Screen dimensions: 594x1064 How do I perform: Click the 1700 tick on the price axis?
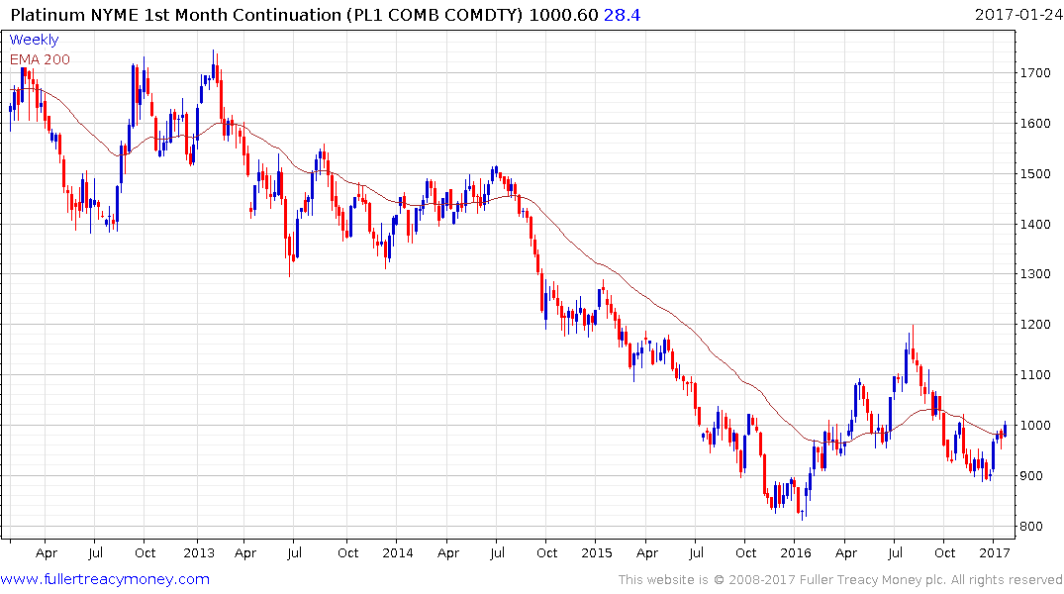tap(1035, 73)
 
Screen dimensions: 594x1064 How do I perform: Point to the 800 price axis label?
tap(1032, 527)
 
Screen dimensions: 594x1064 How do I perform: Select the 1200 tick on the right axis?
tap(1035, 325)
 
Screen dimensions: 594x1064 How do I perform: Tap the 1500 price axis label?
tap(1035, 174)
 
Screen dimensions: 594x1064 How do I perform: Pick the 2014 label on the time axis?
tap(397, 552)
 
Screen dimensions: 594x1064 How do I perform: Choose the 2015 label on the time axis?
tap(597, 552)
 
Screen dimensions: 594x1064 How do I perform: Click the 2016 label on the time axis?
tap(796, 552)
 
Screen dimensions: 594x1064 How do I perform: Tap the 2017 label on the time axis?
tap(995, 552)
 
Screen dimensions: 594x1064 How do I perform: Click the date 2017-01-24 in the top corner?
tap(1016, 15)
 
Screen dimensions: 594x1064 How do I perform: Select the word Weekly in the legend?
tap(34, 40)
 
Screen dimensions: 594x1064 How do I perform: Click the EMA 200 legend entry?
tap(40, 58)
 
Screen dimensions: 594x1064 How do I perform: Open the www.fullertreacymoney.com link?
tap(105, 579)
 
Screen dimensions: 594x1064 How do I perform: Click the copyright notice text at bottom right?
tap(840, 579)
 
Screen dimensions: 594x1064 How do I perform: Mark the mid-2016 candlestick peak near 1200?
tap(912, 327)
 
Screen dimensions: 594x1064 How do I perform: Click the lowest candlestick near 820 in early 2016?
tap(804, 514)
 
